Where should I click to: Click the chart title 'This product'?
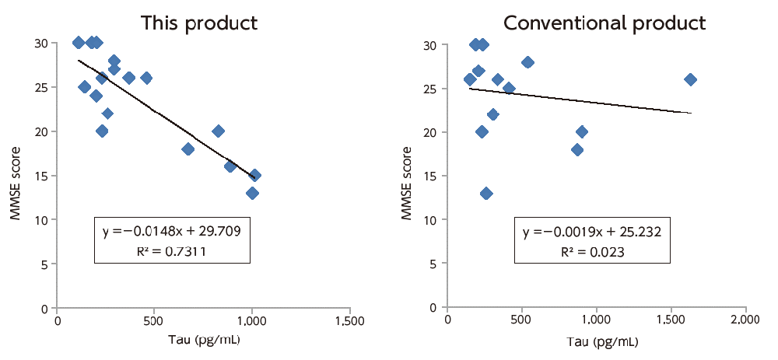(198, 23)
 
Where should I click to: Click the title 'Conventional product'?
(605, 23)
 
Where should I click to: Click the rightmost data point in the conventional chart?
(689, 79)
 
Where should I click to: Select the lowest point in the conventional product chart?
(486, 193)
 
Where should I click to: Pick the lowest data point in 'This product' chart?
(252, 193)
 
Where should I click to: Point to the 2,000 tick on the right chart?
(745, 320)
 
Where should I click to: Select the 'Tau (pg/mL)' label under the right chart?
(597, 341)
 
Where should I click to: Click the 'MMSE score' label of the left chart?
(16, 175)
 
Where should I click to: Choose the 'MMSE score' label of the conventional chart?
(407, 175)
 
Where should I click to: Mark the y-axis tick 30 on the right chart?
(433, 44)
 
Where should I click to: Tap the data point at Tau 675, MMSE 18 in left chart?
(187, 149)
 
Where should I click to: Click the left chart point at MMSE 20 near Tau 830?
(219, 131)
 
